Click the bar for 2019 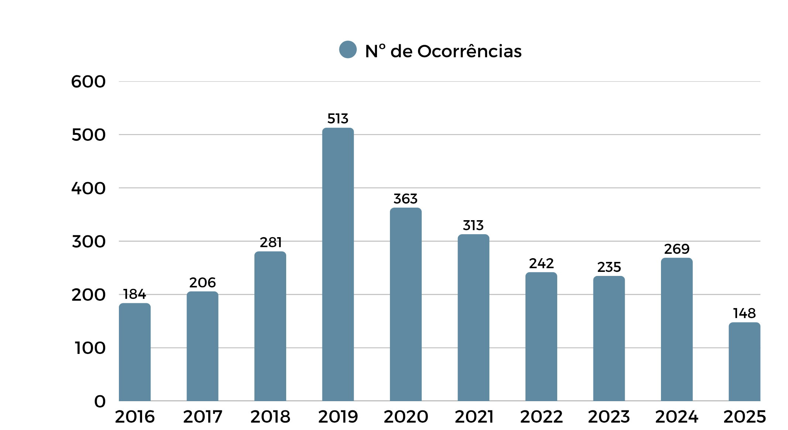pyautogui.click(x=338, y=264)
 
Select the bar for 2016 pyautogui.click(x=134, y=352)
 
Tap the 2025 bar pyautogui.click(x=744, y=361)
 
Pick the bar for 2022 pyautogui.click(x=541, y=336)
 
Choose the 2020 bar pyautogui.click(x=405, y=304)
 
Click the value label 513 pyautogui.click(x=338, y=119)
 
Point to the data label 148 pyautogui.click(x=744, y=313)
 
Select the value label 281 pyautogui.click(x=271, y=242)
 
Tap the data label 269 pyautogui.click(x=676, y=249)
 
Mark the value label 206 pyautogui.click(x=202, y=283)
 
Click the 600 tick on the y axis pyautogui.click(x=88, y=82)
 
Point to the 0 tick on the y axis pyautogui.click(x=100, y=401)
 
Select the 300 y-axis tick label pyautogui.click(x=89, y=242)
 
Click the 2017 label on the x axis pyautogui.click(x=203, y=417)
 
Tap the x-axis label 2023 pyautogui.click(x=609, y=417)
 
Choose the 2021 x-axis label pyautogui.click(x=474, y=417)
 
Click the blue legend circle pyautogui.click(x=348, y=50)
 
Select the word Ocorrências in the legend pyautogui.click(x=469, y=51)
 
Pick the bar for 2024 pyautogui.click(x=676, y=329)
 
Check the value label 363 pyautogui.click(x=405, y=199)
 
